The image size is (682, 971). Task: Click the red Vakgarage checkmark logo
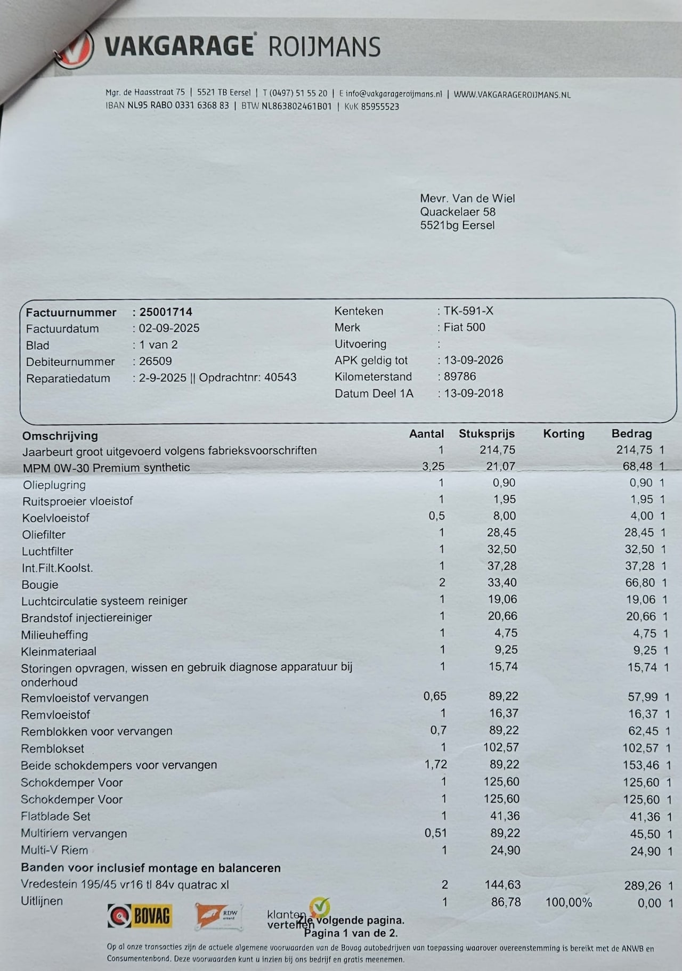click(75, 50)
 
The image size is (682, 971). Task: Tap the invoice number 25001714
click(165, 312)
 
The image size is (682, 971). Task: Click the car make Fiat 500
click(464, 327)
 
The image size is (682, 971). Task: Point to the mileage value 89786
click(460, 377)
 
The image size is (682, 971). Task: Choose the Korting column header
click(564, 434)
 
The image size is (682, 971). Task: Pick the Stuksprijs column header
click(486, 434)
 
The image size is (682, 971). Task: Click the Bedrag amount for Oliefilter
click(638, 533)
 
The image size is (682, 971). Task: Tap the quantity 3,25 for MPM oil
click(433, 466)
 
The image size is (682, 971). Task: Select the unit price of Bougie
click(502, 583)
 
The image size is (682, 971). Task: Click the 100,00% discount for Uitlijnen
click(569, 902)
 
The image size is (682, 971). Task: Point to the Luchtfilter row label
click(47, 551)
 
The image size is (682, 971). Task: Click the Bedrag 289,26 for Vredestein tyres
click(643, 886)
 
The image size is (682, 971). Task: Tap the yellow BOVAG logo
click(140, 916)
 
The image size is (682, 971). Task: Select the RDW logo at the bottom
click(219, 916)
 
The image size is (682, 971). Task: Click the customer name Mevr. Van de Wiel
click(467, 198)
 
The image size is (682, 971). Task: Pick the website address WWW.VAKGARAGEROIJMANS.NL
click(512, 95)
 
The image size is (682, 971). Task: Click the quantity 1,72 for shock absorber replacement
click(435, 764)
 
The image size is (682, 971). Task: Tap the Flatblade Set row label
click(55, 816)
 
